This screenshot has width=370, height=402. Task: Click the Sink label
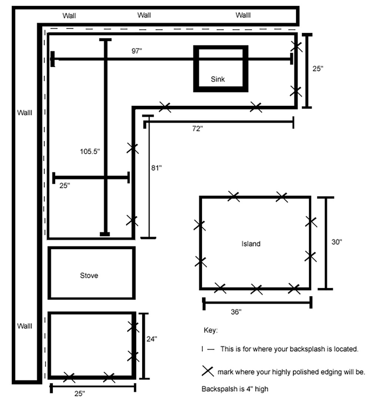click(218, 79)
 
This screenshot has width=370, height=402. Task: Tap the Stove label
click(89, 275)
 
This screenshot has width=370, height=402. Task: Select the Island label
click(251, 244)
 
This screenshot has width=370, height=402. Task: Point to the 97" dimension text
click(137, 51)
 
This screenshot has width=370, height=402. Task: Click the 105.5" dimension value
click(90, 151)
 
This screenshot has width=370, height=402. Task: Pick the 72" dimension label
click(198, 128)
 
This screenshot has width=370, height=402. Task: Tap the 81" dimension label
click(156, 168)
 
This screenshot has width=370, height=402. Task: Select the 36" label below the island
click(236, 312)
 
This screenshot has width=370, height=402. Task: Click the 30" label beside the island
click(337, 242)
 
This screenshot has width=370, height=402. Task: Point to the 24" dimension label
click(152, 339)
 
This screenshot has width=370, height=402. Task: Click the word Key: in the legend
click(211, 330)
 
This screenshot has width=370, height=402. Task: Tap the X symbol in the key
click(208, 371)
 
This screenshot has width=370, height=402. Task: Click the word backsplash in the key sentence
click(308, 349)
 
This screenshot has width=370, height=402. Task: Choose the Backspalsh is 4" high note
click(235, 389)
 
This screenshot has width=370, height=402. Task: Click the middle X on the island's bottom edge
click(256, 289)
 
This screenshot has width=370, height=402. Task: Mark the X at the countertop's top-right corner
click(296, 46)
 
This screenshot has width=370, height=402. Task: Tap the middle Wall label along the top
click(144, 15)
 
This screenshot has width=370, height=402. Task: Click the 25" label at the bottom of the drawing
click(80, 393)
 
